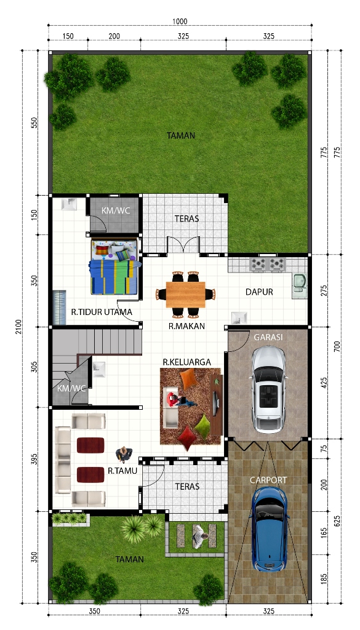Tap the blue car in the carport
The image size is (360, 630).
coord(268,529)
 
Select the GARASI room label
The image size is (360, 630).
coord(268,337)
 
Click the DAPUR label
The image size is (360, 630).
coord(259,292)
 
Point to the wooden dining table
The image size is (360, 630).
coord(185,295)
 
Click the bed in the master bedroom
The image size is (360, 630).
coord(115,267)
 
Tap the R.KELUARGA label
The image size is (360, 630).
coord(187,362)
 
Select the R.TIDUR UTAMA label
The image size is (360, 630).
coord(102,312)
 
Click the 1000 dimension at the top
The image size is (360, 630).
coord(180,22)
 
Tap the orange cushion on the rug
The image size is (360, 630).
coord(188,379)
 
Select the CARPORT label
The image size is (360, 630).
coord(268,480)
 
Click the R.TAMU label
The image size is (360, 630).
coord(122,471)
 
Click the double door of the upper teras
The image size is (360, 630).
coord(183,244)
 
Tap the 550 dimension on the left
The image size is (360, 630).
coord(34,122)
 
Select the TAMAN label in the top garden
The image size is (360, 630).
coord(181,135)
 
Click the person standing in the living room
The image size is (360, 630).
coord(124,454)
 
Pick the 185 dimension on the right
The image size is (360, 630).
coord(324,578)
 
